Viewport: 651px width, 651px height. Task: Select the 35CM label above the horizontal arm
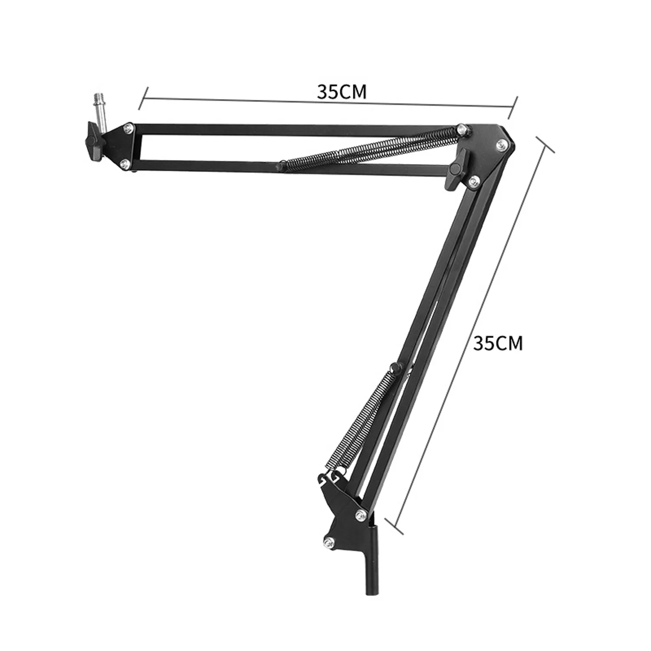[x=342, y=92]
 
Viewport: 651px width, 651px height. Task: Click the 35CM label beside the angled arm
[x=498, y=343]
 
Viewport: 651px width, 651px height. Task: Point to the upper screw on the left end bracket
[x=128, y=127]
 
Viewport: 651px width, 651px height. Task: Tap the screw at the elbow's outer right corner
[x=502, y=145]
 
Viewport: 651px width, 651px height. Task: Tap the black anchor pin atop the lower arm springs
[x=395, y=368]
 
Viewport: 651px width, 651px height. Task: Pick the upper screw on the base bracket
[x=360, y=515]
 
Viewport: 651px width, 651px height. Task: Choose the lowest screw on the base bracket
[x=329, y=541]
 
